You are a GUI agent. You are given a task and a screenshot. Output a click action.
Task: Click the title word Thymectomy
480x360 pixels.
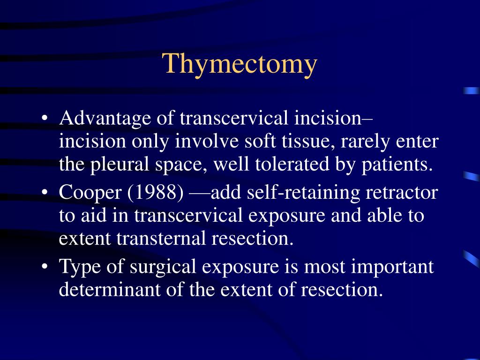tap(240, 64)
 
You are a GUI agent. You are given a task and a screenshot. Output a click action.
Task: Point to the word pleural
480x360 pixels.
tap(115, 165)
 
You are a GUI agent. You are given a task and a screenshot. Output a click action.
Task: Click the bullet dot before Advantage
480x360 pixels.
tap(45, 119)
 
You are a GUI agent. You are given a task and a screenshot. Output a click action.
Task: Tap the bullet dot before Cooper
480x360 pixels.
tap(45, 193)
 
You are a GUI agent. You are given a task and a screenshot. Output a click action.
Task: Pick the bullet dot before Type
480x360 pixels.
tap(45, 267)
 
